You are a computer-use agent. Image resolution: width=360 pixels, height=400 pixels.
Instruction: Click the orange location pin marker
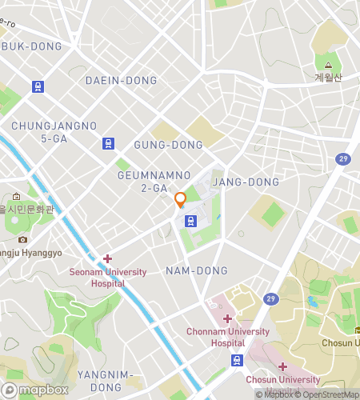[x=180, y=199]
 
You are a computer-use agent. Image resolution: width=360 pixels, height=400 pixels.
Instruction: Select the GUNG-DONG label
[x=168, y=145]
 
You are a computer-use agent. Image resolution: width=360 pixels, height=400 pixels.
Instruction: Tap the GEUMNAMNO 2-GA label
[x=154, y=181]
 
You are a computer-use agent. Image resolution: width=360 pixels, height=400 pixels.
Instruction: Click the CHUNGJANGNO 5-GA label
[x=54, y=132]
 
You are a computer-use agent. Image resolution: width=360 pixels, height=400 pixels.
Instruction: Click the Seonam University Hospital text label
[x=107, y=278]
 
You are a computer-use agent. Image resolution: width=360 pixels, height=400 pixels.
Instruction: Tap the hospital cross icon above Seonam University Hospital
[x=107, y=258]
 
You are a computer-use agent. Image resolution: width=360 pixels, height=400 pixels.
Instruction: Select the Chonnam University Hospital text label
[x=226, y=337]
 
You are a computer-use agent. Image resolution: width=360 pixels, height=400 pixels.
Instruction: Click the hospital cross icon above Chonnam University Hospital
[x=227, y=318]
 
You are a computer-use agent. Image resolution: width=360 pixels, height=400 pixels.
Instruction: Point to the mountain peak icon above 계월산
[x=328, y=64]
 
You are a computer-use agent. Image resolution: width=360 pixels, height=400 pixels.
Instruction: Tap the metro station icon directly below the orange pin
[x=190, y=220]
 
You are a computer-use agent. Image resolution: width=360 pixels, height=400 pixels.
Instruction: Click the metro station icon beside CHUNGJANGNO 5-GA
[x=108, y=144]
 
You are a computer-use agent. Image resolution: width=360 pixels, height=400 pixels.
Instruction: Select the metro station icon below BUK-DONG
[x=38, y=86]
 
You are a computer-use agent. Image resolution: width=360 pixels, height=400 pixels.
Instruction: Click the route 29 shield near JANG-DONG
[x=342, y=159]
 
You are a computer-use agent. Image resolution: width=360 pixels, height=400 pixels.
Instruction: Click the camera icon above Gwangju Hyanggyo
[x=22, y=239]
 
